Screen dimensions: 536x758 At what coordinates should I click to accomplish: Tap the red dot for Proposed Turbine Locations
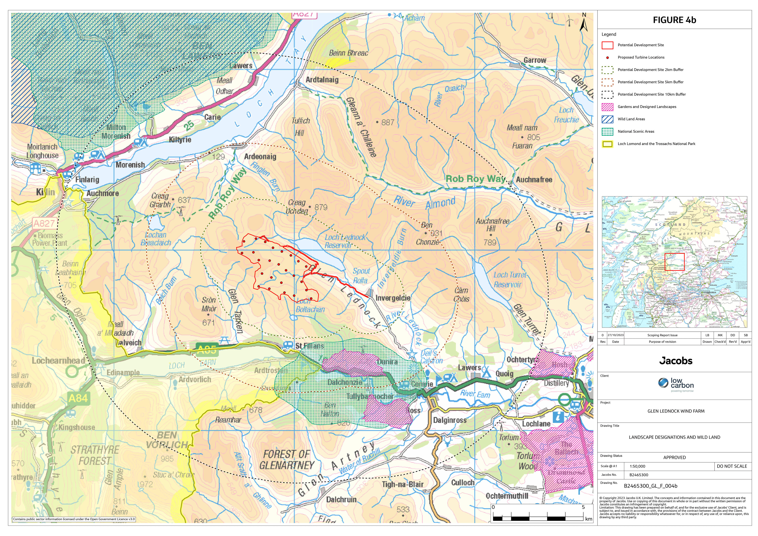(607, 58)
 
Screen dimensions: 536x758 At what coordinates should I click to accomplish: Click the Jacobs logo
(675, 360)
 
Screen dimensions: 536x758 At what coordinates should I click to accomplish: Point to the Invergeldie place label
(393, 298)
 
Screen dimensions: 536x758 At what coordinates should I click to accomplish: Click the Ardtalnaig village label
(322, 80)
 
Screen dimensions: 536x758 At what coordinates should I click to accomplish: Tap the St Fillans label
(309, 346)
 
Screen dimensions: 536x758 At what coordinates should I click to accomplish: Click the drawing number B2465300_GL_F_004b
(650, 486)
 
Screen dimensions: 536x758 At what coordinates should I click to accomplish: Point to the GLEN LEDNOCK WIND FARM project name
(675, 411)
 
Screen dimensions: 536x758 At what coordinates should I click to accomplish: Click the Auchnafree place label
(534, 180)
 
